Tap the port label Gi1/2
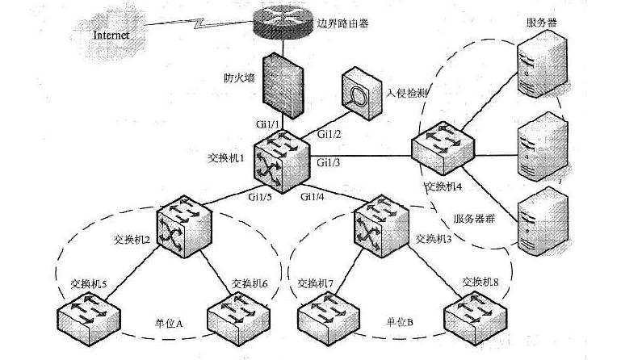coord(329,132)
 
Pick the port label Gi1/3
coord(328,164)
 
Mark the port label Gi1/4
coord(314,196)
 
